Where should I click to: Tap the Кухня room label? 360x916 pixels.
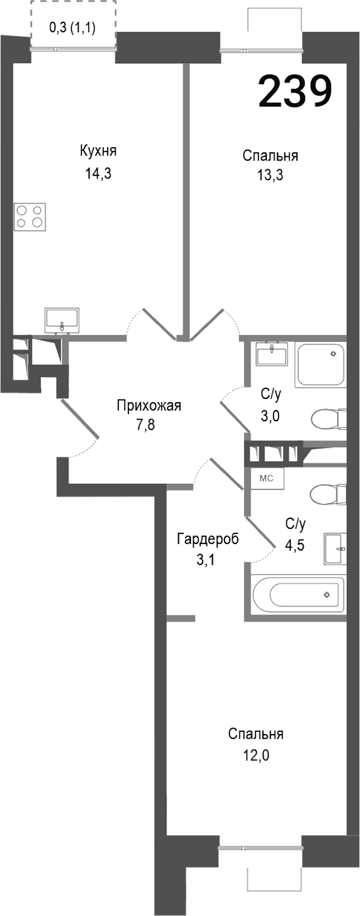(98, 151)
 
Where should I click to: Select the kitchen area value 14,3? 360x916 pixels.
(98, 173)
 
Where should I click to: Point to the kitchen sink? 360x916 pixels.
(62, 321)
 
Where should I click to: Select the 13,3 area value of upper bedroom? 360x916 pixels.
(270, 175)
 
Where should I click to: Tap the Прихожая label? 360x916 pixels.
(149, 406)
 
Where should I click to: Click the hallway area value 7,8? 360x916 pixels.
(145, 425)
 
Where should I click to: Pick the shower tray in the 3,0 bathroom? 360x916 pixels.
(320, 365)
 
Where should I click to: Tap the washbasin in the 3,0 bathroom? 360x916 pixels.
(272, 354)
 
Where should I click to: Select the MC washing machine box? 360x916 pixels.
(267, 478)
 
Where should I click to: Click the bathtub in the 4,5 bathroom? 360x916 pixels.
(298, 594)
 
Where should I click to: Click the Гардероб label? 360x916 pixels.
(208, 539)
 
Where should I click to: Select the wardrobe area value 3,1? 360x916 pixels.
(205, 560)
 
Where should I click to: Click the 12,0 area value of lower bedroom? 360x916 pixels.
(256, 756)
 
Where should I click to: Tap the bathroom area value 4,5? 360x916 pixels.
(295, 544)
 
